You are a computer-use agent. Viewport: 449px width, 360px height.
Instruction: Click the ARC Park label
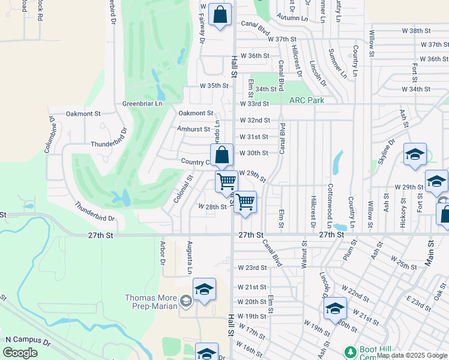(x=307, y=100)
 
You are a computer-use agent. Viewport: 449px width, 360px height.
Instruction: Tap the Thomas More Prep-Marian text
(x=151, y=302)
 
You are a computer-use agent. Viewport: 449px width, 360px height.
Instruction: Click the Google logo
(x=20, y=352)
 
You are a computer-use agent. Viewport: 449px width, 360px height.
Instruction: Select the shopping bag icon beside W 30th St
(x=221, y=155)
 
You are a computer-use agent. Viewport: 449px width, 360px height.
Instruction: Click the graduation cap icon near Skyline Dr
(x=415, y=155)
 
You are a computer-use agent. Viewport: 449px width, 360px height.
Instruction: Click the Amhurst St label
(x=193, y=129)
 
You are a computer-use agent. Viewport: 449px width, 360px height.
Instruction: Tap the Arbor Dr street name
(x=162, y=253)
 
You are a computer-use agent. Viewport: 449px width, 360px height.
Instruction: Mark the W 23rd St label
(x=252, y=268)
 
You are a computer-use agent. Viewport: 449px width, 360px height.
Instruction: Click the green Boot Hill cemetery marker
(x=350, y=351)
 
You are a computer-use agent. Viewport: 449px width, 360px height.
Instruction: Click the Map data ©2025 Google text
(x=412, y=355)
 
